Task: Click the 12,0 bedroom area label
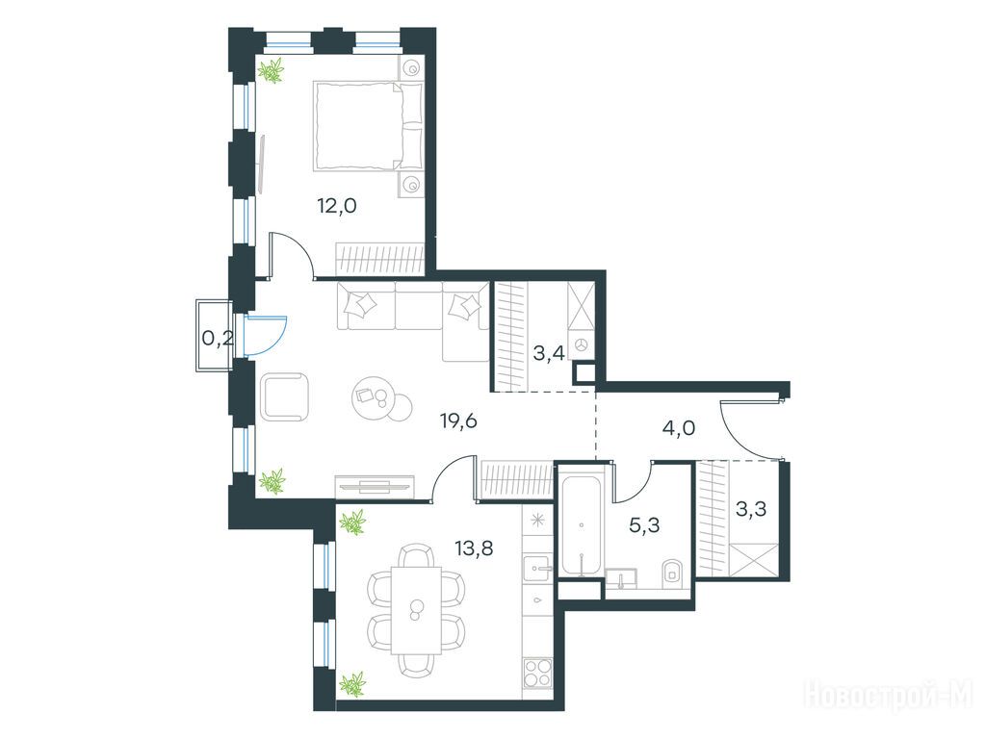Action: (x=337, y=206)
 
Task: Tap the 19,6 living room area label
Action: (x=458, y=420)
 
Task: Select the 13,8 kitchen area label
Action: (x=474, y=548)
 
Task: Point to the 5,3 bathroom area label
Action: (x=644, y=524)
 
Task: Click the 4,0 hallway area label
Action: (x=679, y=428)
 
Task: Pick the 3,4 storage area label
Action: (x=548, y=353)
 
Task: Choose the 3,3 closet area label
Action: (x=751, y=509)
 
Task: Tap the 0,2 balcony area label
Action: (x=218, y=339)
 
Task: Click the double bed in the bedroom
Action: (x=368, y=126)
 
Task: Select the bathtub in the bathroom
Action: (x=582, y=524)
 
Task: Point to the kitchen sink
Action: (x=537, y=569)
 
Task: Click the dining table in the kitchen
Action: (x=416, y=609)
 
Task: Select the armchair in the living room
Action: (x=284, y=396)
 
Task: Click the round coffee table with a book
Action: (x=375, y=397)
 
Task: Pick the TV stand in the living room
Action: (x=375, y=486)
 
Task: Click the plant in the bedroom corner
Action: (x=272, y=69)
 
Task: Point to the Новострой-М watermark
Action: (x=888, y=696)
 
